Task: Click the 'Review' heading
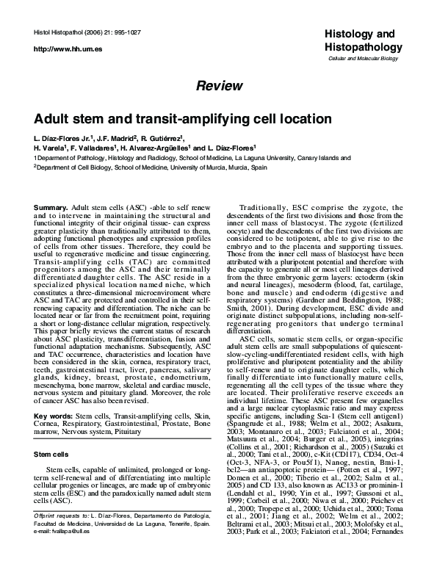click(x=220, y=86)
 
